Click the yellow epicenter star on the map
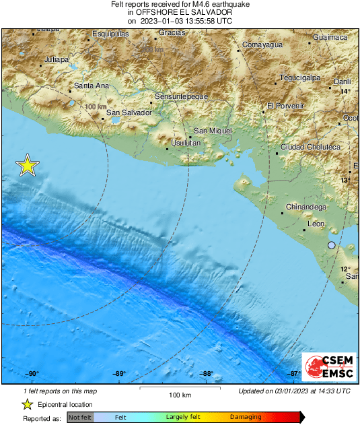coord(27,165)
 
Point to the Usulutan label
coord(186,143)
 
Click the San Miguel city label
coord(212,130)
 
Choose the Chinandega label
coord(306,207)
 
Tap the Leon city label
coord(316,224)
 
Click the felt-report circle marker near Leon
coord(331,245)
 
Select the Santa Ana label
coord(92,86)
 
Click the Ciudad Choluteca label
coord(312,147)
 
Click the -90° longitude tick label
coord(32,374)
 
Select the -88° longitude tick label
coord(206,374)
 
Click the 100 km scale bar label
coord(179,395)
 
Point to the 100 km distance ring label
coord(97,107)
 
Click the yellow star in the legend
coord(27,405)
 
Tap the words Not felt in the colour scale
coord(81,418)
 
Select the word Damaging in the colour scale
coord(246,418)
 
